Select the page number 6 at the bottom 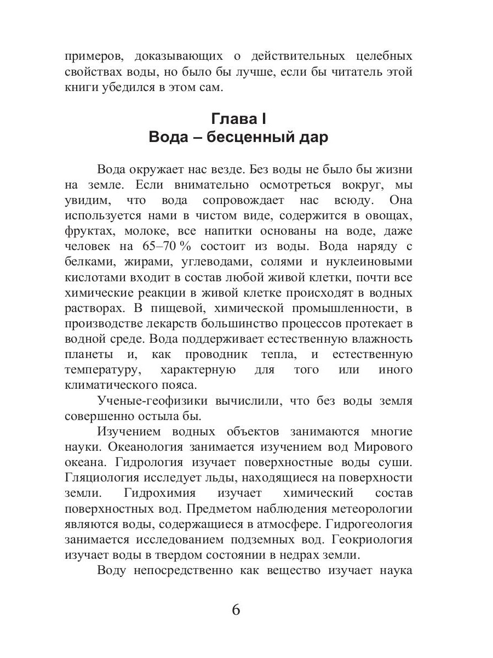pos(236,609)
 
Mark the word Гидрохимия pos(162,492)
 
